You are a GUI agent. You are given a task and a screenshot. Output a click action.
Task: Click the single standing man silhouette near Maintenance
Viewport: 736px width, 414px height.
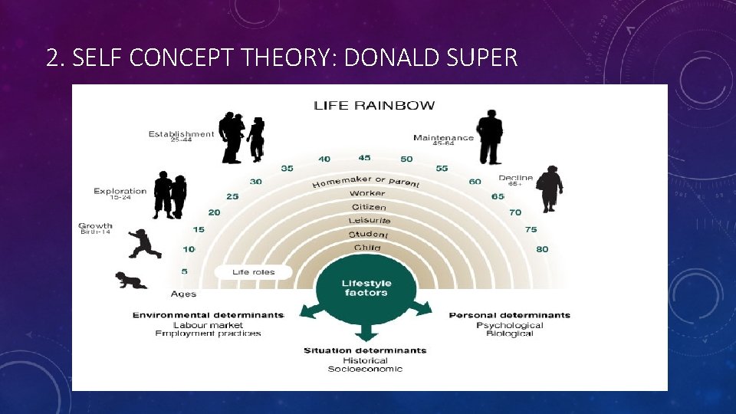click(x=488, y=137)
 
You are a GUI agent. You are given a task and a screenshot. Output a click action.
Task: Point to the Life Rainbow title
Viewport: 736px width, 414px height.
click(x=373, y=105)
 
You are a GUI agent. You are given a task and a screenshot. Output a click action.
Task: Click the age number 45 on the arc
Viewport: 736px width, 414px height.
click(x=364, y=158)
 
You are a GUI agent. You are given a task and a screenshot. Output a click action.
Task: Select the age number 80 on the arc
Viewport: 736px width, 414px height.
click(x=542, y=248)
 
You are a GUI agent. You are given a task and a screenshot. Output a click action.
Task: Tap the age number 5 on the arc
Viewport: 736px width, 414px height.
click(x=185, y=271)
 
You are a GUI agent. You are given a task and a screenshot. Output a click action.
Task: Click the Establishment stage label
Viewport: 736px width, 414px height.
click(x=181, y=134)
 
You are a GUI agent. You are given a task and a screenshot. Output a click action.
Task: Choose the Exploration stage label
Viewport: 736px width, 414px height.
click(x=120, y=191)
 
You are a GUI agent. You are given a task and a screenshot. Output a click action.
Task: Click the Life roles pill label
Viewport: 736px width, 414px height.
click(x=254, y=271)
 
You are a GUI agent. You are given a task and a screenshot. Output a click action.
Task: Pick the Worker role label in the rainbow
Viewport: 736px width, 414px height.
click(x=367, y=193)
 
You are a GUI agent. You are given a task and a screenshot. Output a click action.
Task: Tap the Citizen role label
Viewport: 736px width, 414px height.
click(x=369, y=207)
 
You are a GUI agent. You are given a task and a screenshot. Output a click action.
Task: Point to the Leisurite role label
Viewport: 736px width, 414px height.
click(x=369, y=221)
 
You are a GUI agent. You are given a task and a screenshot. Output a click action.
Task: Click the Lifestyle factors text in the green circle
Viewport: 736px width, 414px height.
click(x=366, y=287)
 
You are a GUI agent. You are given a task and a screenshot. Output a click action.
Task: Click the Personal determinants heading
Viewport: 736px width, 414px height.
click(x=509, y=315)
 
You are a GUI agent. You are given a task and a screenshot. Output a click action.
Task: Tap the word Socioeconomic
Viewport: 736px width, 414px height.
click(x=365, y=369)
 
